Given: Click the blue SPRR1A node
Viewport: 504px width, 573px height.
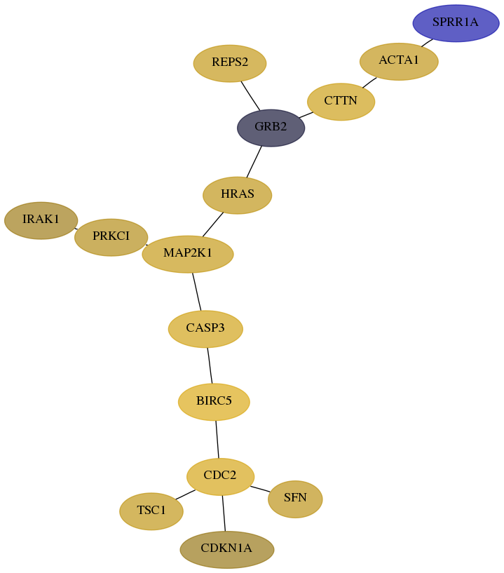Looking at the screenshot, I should (456, 23).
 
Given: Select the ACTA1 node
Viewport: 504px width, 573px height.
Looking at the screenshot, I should (399, 61).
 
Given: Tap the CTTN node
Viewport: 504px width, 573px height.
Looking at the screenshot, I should (341, 102).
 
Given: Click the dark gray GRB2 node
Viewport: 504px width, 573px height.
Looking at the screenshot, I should (271, 128).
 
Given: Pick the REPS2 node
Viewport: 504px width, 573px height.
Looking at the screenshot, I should (230, 63).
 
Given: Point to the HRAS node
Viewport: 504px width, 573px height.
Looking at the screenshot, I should (237, 195).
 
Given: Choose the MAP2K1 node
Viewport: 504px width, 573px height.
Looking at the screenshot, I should (187, 254).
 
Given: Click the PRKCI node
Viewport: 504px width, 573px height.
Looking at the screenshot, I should (111, 237).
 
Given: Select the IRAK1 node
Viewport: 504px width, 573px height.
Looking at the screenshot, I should (41, 220).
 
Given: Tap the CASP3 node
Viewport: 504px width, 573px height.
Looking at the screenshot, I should (205, 328).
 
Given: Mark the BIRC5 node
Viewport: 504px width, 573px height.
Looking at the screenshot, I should (214, 402).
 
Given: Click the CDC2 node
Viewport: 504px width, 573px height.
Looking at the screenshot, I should (220, 476).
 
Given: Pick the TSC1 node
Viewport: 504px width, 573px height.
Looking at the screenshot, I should (151, 511).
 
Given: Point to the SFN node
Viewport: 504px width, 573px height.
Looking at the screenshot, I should (295, 499).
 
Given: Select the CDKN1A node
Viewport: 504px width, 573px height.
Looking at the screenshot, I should (226, 549).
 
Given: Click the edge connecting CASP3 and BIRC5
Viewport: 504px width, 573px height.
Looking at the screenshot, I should (210, 365).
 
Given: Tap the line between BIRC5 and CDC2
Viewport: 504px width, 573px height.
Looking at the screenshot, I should (217, 439).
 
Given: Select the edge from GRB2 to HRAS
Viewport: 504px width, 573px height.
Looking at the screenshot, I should (254, 162).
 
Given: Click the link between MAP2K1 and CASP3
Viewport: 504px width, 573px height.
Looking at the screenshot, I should (196, 291).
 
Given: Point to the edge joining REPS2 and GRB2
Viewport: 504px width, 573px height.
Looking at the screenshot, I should (250, 95).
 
